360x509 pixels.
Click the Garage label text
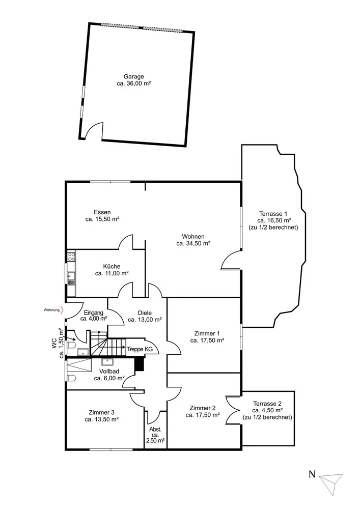[133, 76]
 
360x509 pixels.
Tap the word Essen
[102, 212]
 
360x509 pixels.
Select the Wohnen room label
[193, 236]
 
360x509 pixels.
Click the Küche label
[111, 266]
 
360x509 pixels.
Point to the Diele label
[145, 313]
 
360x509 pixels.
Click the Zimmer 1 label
[207, 333]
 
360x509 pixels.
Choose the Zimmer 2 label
[203, 408]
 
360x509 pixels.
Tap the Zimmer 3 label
[102, 412]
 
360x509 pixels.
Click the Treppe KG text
[140, 349]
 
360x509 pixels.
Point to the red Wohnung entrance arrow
[61, 310]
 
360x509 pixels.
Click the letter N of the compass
[312, 475]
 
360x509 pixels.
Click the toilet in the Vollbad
[71, 377]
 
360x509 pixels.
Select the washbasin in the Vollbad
[108, 362]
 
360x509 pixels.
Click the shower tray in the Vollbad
[79, 364]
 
